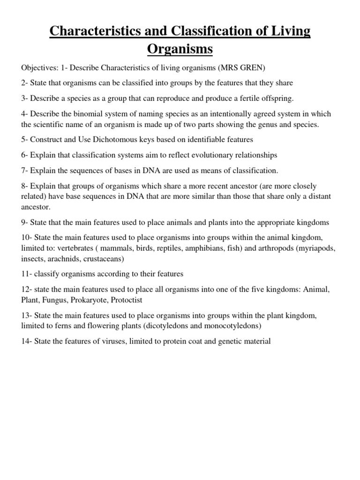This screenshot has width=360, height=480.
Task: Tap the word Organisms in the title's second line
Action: [180, 49]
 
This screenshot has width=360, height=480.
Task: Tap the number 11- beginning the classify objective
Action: [27, 274]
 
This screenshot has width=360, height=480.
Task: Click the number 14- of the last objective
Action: [27, 341]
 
